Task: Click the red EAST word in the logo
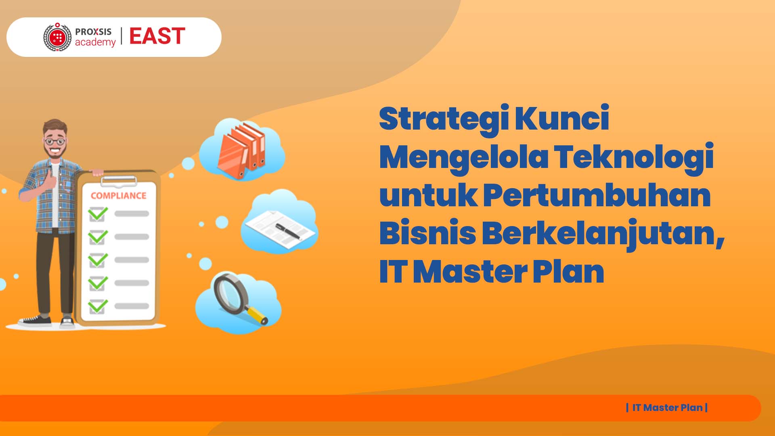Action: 157,36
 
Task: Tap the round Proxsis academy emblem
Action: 58,37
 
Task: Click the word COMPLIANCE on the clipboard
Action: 119,196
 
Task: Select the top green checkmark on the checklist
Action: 98,214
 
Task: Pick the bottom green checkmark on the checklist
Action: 98,306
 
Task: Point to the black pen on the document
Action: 288,231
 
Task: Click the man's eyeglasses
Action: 54,141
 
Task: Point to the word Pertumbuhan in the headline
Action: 597,196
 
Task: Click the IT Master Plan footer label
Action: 667,408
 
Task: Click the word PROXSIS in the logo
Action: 93,31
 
